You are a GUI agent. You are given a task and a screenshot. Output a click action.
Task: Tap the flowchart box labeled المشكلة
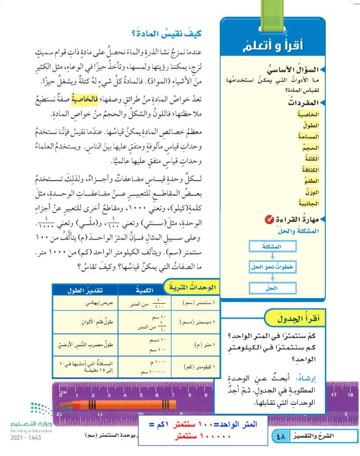coord(271,247)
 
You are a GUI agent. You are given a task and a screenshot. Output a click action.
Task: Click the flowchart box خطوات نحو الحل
coord(272,267)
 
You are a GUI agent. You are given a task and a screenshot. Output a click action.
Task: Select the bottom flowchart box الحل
coord(271,286)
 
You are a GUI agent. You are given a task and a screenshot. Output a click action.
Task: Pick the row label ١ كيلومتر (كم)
coord(194,367)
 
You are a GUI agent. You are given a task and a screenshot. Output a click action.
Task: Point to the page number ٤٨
coord(281,436)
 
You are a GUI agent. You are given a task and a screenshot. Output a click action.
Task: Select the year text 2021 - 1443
coord(25,438)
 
